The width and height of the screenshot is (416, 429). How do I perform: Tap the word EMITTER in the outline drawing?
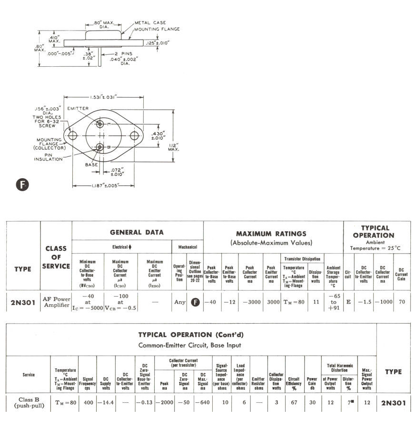pyautogui.click(x=78, y=109)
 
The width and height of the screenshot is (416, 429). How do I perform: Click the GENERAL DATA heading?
pyautogui.click(x=137, y=232)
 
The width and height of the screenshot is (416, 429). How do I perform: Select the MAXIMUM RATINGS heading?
pyautogui.click(x=271, y=234)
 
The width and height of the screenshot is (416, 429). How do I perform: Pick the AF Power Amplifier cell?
pyautogui.click(x=56, y=302)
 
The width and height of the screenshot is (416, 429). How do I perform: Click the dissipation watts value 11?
pyautogui.click(x=316, y=302)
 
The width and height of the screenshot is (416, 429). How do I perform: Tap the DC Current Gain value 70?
pyautogui.click(x=401, y=302)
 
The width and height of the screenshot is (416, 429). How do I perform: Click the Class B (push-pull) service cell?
pyautogui.click(x=29, y=403)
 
